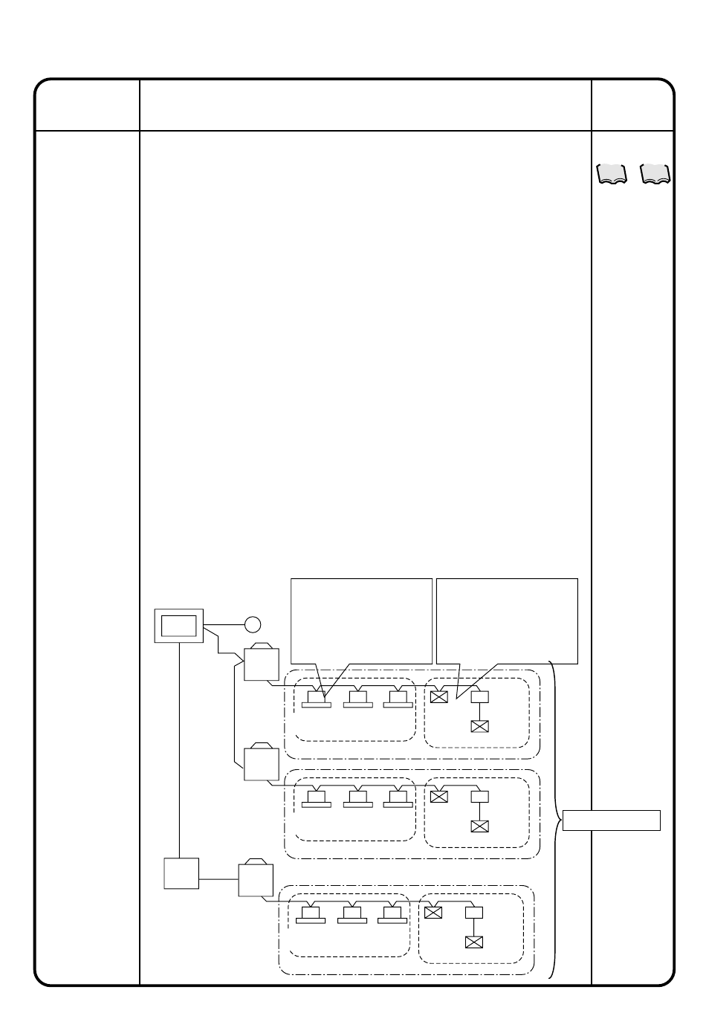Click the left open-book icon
[x=612, y=174]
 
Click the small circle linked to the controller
[x=253, y=624]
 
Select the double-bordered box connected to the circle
[x=178, y=625]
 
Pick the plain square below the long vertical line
[x=181, y=873]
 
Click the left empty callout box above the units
[x=361, y=620]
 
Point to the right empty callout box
[x=507, y=620]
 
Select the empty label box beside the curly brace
[x=612, y=820]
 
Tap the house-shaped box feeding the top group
[x=261, y=663]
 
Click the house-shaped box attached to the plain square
[x=256, y=879]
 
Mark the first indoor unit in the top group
[x=317, y=699]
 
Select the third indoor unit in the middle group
[x=398, y=798]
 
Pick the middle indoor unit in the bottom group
[x=352, y=914]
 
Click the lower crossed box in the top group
[x=479, y=726]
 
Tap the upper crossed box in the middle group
[x=439, y=797]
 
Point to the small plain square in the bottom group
[x=473, y=913]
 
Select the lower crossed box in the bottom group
[x=473, y=942]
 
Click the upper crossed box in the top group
[x=439, y=697]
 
